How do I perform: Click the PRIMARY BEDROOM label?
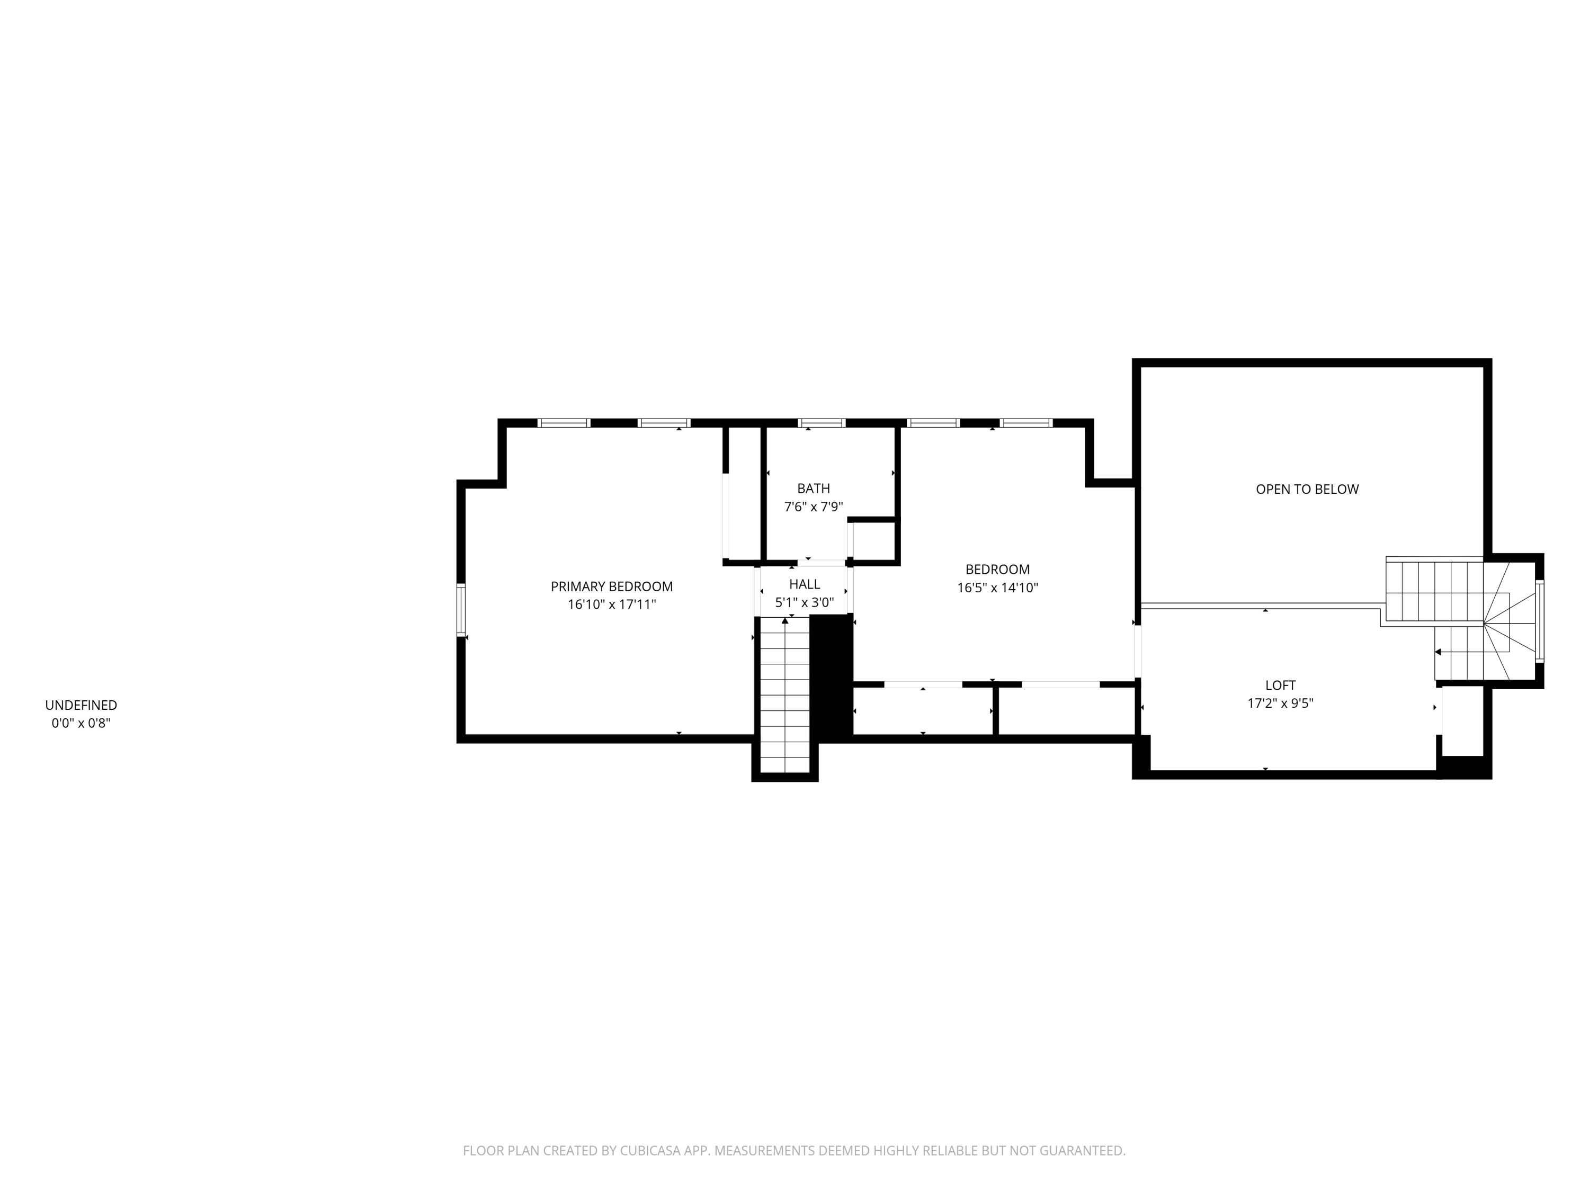611,587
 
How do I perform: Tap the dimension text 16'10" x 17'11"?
611,604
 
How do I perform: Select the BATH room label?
813,489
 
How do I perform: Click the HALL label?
804,584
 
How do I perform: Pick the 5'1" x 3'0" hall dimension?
804,602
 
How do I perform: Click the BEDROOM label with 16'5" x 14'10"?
997,569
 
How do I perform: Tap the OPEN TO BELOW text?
1307,490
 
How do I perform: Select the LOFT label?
1280,685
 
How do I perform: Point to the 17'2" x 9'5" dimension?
1280,703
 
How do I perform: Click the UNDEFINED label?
81,706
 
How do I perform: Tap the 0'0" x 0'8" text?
81,723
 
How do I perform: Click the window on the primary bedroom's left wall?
461,610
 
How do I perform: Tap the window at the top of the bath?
821,423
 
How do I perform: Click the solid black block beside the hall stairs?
831,677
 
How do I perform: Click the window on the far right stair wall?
1539,621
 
